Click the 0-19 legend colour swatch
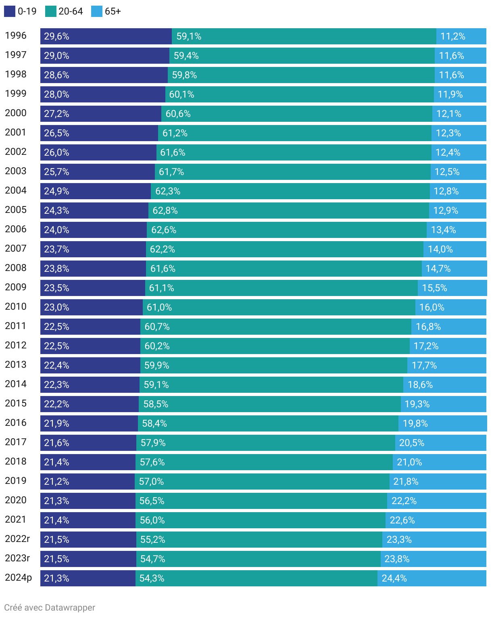[10, 11]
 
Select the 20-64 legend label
[71, 11]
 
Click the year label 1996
[16, 36]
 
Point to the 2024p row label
[18, 578]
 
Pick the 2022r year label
[17, 539]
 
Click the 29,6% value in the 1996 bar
[56, 36]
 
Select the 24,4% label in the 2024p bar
[394, 578]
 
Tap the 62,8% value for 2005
[165, 211]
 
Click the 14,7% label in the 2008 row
[438, 269]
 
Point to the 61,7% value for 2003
[171, 172]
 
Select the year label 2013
[16, 365]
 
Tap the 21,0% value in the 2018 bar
[409, 462]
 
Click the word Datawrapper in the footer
[70, 608]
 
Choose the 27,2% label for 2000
[56, 114]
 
